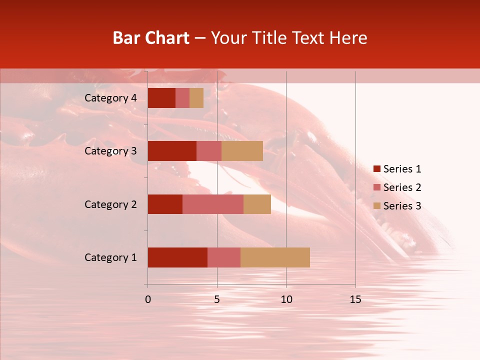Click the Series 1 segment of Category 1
pyautogui.click(x=177, y=257)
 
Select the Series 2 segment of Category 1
pyautogui.click(x=224, y=257)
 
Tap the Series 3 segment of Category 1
pyautogui.click(x=275, y=257)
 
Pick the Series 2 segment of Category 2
pyautogui.click(x=213, y=204)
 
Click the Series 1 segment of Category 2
pyautogui.click(x=165, y=204)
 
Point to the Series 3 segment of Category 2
pyautogui.click(x=257, y=204)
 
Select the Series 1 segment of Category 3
pyautogui.click(x=172, y=151)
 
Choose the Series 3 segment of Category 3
pyautogui.click(x=242, y=151)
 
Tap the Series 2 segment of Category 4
pyautogui.click(x=182, y=98)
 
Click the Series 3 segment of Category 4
pyautogui.click(x=196, y=98)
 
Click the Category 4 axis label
pyautogui.click(x=110, y=98)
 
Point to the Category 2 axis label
pyautogui.click(x=110, y=204)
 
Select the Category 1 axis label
pyautogui.click(x=110, y=257)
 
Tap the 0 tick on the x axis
pyautogui.click(x=148, y=299)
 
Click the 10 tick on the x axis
pyautogui.click(x=286, y=299)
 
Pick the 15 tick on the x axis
pyautogui.click(x=355, y=299)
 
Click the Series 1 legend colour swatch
pyautogui.click(x=377, y=169)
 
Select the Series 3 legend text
pyautogui.click(x=402, y=206)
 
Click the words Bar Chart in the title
pyautogui.click(x=151, y=38)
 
